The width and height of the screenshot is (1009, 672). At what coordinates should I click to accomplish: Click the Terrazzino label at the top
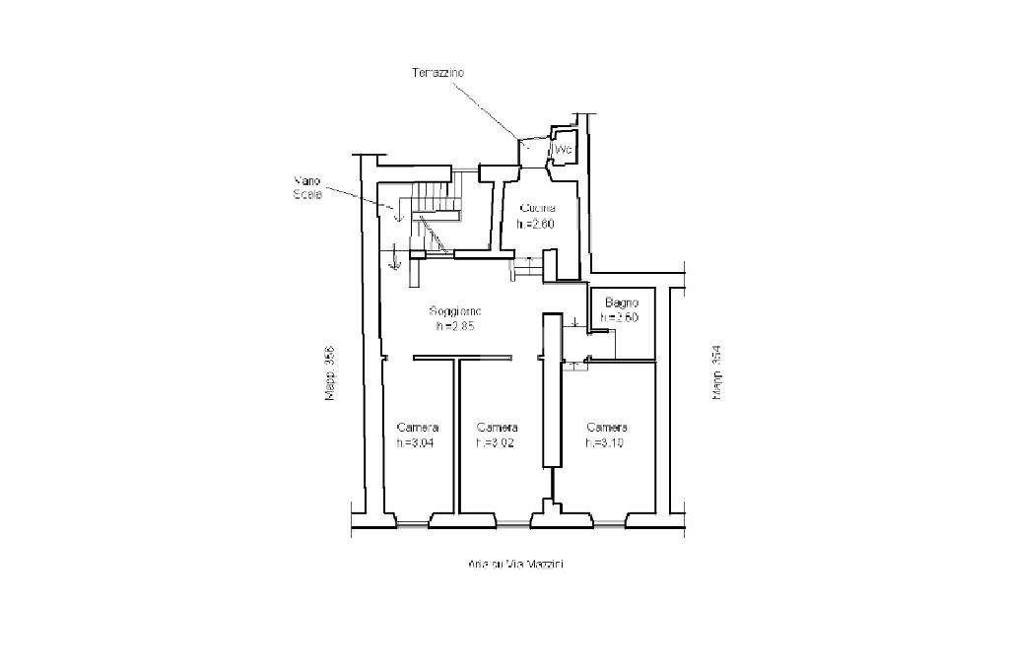pos(438,73)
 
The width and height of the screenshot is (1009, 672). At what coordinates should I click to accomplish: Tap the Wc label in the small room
pos(564,149)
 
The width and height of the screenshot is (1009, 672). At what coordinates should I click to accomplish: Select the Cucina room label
pos(538,209)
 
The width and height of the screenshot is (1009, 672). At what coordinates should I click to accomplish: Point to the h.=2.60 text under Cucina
pos(537,224)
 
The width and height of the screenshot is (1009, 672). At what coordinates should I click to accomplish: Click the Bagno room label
pos(623,302)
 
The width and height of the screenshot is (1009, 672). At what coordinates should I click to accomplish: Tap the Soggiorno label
pos(455,311)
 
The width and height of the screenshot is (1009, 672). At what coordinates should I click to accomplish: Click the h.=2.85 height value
pos(455,326)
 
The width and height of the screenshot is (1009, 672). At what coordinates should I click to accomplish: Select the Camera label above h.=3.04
pos(418,428)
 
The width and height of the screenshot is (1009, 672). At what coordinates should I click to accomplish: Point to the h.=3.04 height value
pos(416,442)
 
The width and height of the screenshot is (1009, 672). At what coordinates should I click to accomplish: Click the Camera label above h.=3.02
pos(498,428)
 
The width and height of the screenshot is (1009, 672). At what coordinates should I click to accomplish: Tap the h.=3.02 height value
pos(496,442)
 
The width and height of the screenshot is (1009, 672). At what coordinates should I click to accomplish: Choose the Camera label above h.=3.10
pos(607,428)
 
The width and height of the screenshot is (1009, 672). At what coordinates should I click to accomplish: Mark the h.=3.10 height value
pos(605,442)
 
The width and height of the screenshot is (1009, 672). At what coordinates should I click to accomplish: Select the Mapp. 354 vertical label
pos(716,372)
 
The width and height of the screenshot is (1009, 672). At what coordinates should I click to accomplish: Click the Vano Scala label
pos(308,187)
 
